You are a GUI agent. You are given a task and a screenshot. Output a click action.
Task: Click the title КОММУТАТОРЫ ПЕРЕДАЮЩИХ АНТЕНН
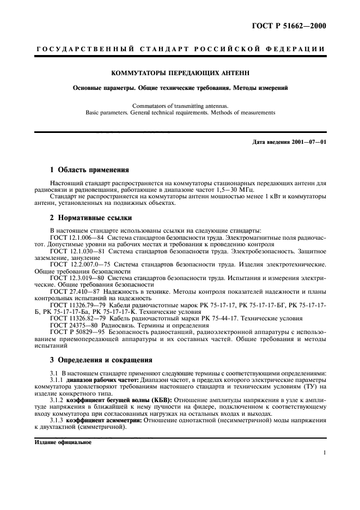[x=180, y=71]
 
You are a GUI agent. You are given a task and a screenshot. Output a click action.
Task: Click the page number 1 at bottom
[x=324, y=452]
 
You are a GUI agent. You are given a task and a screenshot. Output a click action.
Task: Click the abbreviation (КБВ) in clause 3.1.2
[x=160, y=399]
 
